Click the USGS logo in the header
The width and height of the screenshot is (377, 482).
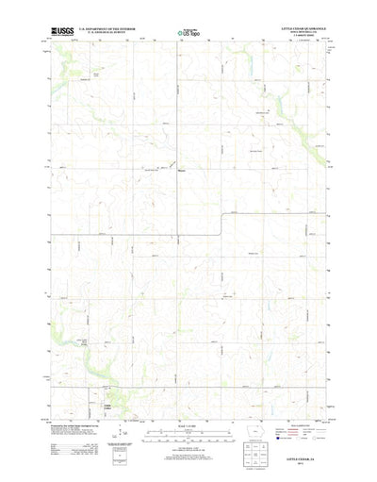coord(61,32)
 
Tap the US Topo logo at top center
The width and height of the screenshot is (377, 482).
coord(187,33)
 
